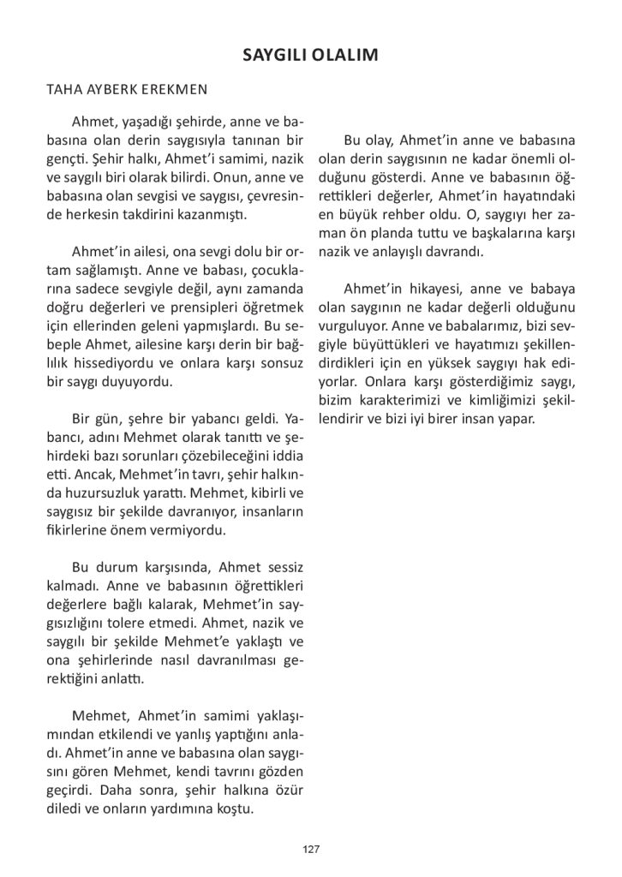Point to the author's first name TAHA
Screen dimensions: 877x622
(x=64, y=89)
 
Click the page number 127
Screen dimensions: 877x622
(x=311, y=849)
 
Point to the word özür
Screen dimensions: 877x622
(x=288, y=789)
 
